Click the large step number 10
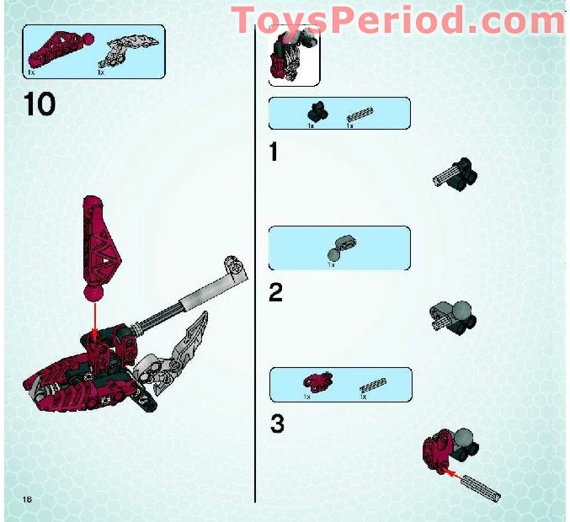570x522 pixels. click(40, 104)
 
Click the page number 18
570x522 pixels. click(28, 500)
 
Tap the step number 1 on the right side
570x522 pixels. click(273, 152)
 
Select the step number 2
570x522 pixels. click(275, 293)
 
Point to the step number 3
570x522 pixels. click(276, 424)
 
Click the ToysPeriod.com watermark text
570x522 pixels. click(397, 19)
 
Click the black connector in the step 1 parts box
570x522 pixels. click(318, 110)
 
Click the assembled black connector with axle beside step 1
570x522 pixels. click(455, 172)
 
